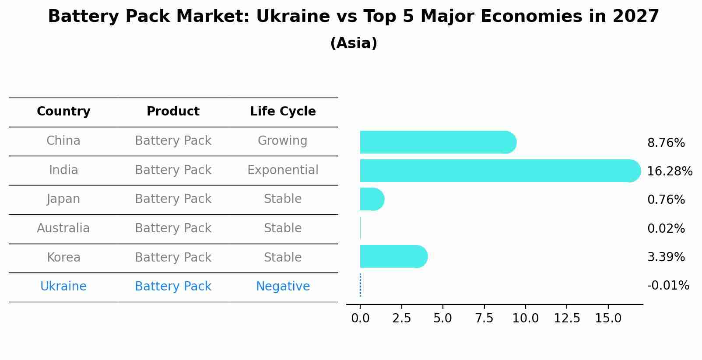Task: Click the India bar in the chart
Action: coord(499,171)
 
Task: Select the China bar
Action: coord(438,142)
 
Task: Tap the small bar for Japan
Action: coord(372,199)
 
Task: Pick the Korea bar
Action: coord(393,256)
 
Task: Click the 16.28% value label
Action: coord(669,171)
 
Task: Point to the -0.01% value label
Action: coord(668,286)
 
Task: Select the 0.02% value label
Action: coord(666,228)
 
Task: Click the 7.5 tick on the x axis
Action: coord(484,318)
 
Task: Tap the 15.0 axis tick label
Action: coord(608,318)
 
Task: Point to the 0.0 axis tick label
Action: coord(360,318)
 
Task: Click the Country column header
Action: coord(63,112)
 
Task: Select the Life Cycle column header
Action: coord(283,112)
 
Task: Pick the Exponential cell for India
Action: coord(283,170)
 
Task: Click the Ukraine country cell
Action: coord(63,287)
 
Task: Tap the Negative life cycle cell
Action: coord(283,287)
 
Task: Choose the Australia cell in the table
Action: coord(63,228)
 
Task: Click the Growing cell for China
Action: coord(282,141)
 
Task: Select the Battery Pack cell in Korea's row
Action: coord(173,257)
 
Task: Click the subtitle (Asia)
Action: coord(354,43)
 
